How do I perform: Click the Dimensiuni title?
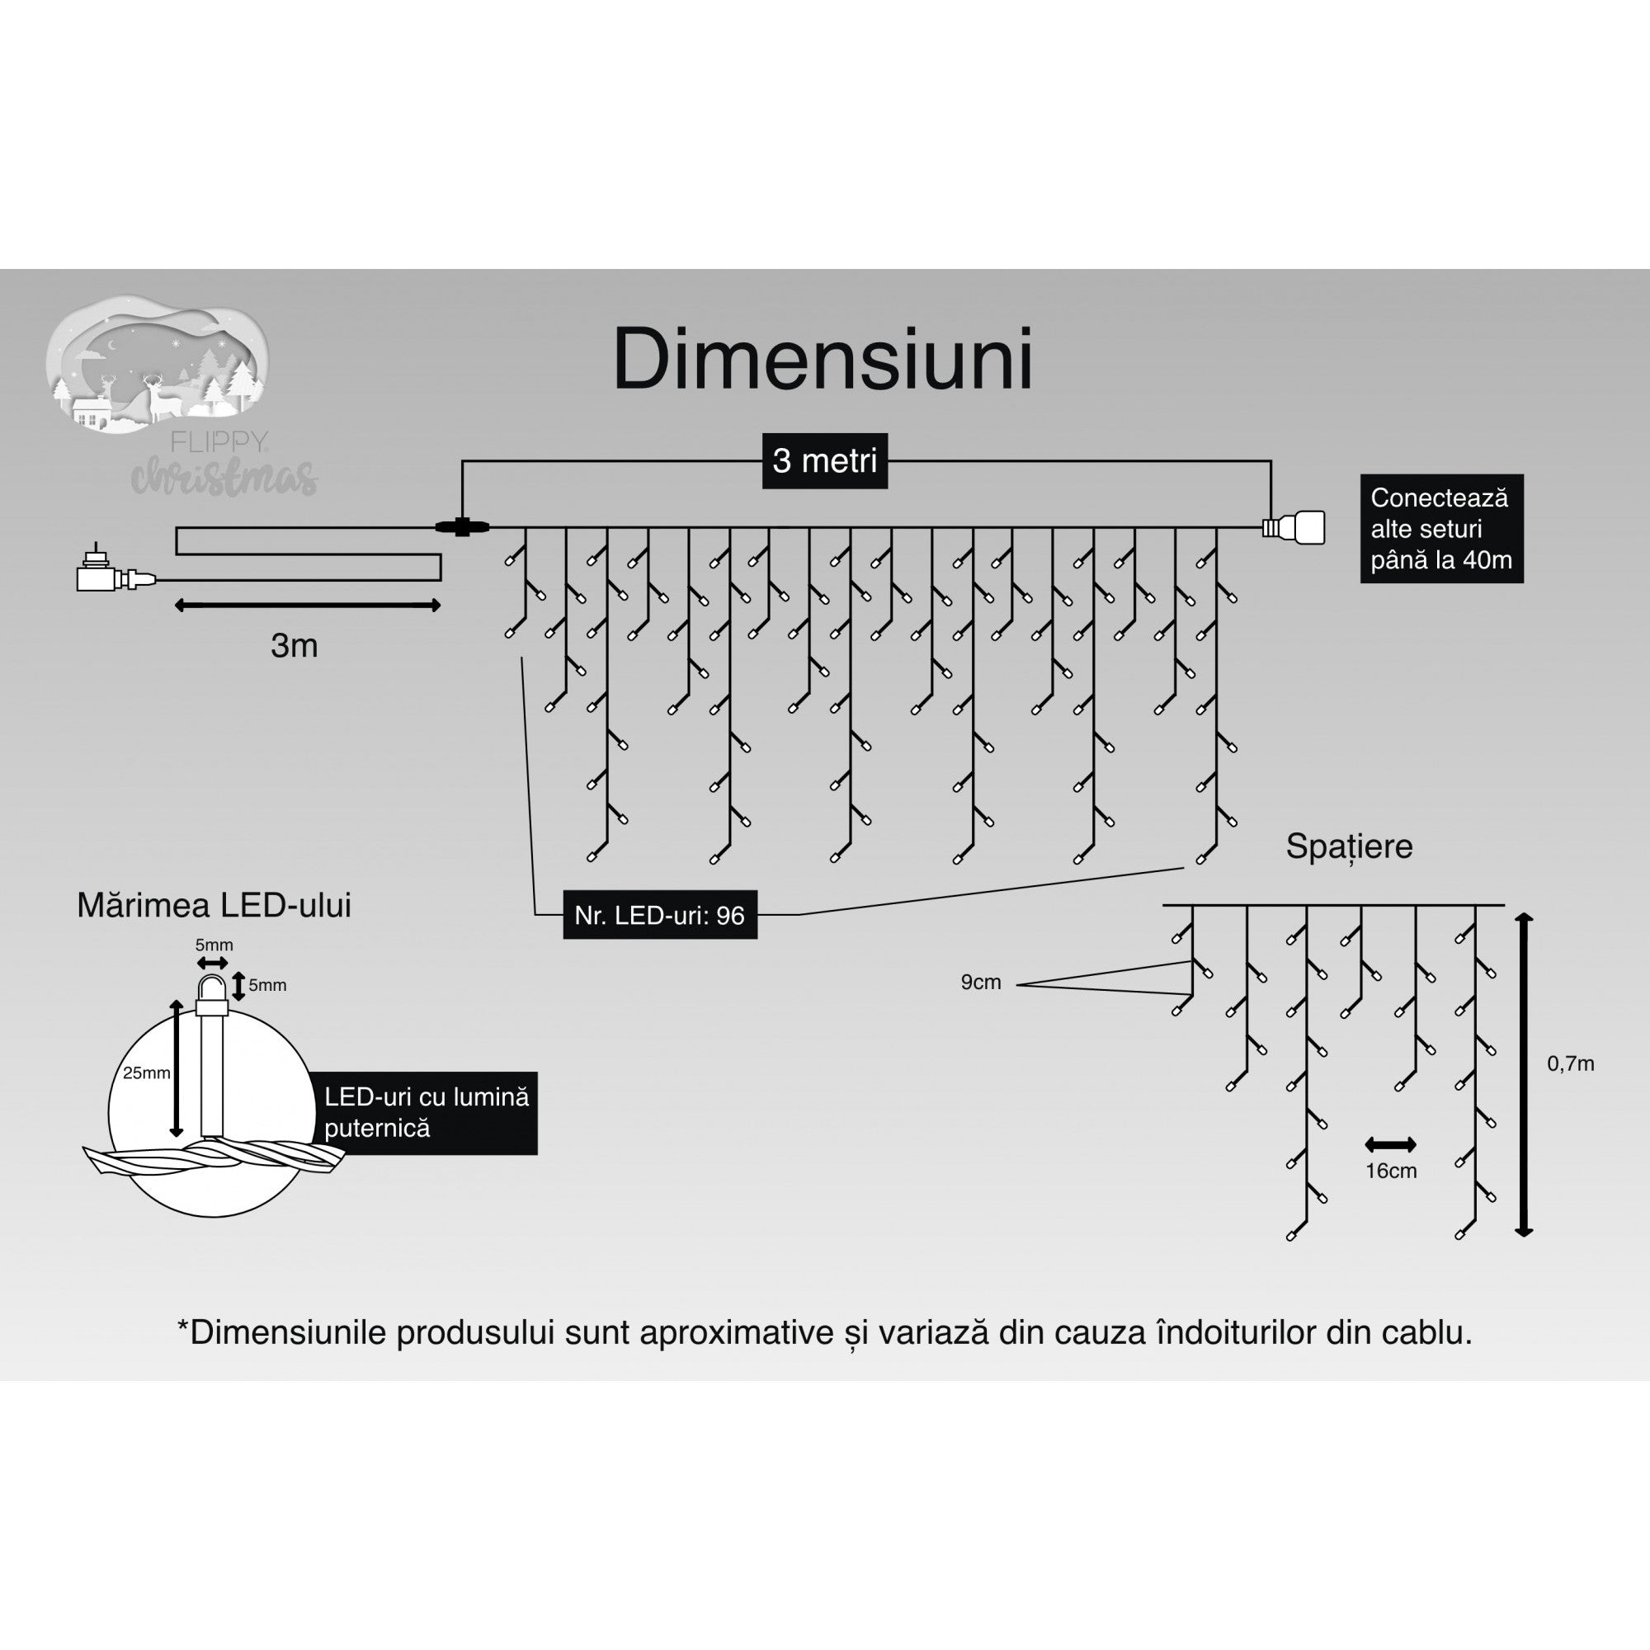coord(823,361)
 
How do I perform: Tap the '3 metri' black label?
coord(824,461)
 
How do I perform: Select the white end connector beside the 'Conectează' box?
coord(1295,527)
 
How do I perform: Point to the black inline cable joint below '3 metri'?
coord(462,527)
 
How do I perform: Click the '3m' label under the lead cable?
coord(294,647)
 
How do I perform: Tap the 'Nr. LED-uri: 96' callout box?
coord(659,916)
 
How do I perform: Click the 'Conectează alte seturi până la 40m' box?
coord(1440,529)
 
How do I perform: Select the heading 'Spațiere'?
coord(1349,846)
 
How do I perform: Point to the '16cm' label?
coord(1390,1171)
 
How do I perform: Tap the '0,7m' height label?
coord(1571,1064)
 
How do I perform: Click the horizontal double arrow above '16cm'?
coord(1390,1144)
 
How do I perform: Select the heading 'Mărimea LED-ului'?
coord(214,906)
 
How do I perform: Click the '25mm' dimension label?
coord(146,1072)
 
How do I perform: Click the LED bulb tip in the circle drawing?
coord(212,990)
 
